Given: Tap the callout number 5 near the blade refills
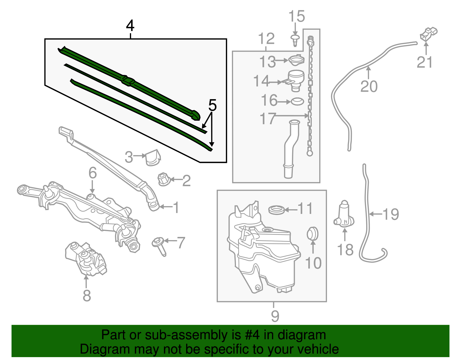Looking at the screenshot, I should click(x=212, y=105).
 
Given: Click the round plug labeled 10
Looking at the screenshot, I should click(x=313, y=233).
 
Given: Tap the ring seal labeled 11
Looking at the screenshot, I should click(x=277, y=210).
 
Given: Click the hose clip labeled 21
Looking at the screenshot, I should click(x=429, y=34).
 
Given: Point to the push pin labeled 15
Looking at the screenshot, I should click(x=295, y=40).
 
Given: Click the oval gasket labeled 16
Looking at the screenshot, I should click(x=297, y=101).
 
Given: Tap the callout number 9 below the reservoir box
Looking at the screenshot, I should click(x=275, y=316).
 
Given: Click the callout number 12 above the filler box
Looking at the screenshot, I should click(x=266, y=39).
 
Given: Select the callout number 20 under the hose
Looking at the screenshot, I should click(x=369, y=86).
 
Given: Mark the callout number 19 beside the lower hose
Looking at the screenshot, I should click(x=391, y=214).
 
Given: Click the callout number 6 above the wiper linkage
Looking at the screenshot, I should click(x=92, y=173).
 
